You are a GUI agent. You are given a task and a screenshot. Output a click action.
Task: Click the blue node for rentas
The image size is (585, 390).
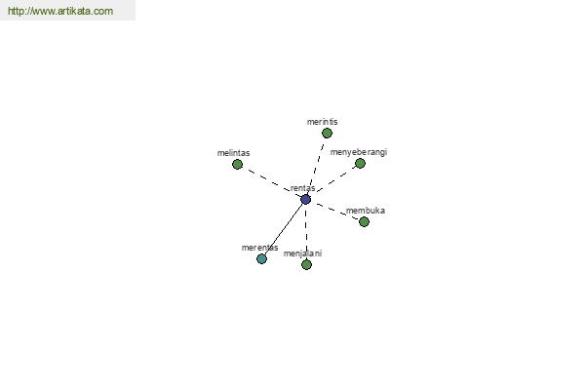[305, 199]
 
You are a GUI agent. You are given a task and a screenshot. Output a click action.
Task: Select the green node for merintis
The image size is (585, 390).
[327, 133]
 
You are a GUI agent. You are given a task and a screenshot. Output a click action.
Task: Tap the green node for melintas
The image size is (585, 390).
[237, 164]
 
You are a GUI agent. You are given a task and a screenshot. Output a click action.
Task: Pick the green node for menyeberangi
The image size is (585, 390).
[360, 163]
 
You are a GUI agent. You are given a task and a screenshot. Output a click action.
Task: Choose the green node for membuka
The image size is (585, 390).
[364, 221]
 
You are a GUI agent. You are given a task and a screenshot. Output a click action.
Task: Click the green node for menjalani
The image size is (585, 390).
[306, 264]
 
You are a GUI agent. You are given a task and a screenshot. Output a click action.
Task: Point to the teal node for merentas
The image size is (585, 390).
[261, 258]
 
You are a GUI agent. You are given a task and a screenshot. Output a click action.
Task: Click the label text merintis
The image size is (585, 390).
[323, 122]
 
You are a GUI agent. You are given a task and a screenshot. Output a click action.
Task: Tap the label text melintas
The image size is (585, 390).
[234, 153]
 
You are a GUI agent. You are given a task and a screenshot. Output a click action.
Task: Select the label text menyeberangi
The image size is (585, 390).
[359, 152]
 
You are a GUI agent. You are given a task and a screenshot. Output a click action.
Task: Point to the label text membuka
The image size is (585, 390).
[366, 211]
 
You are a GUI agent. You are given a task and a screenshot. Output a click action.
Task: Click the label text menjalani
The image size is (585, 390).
[302, 253]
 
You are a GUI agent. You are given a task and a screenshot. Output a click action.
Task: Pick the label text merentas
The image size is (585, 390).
[259, 248]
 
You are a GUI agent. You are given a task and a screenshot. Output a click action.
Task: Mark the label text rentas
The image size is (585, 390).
[302, 188]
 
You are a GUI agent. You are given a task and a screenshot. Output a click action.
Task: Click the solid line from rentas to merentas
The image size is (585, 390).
[284, 229]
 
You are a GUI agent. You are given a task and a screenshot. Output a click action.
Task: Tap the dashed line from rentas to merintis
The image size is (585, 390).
[316, 166]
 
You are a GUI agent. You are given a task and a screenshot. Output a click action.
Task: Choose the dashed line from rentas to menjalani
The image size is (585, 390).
[306, 232]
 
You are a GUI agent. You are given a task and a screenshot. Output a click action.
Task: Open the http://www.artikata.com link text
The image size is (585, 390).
[60, 11]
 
